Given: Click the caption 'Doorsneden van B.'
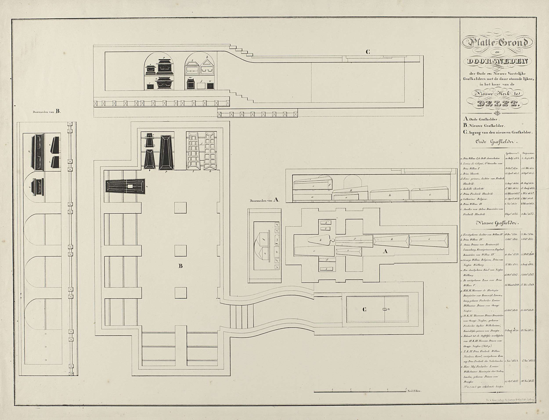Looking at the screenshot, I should pyautogui.click(x=47, y=112).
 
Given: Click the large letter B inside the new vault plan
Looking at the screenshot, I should pyautogui.click(x=180, y=266).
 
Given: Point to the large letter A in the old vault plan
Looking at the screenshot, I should pyautogui.click(x=386, y=252).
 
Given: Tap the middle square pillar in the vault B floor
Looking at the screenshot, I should pyautogui.click(x=181, y=250).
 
